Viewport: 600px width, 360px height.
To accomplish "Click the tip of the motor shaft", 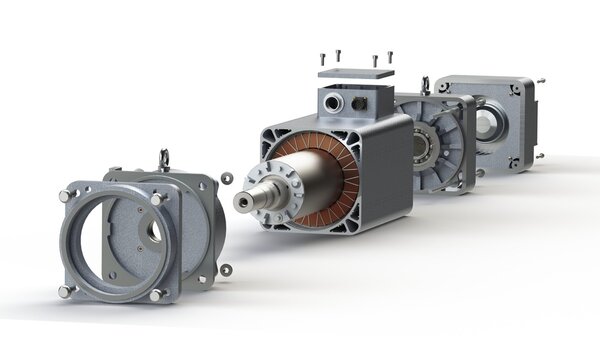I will [240, 203].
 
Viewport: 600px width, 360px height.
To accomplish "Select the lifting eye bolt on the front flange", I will [164, 158].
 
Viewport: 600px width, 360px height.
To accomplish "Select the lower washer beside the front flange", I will [225, 268].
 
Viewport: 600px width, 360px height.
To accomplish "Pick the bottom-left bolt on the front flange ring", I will [65, 291].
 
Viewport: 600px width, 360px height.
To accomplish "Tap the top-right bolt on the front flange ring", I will [157, 200].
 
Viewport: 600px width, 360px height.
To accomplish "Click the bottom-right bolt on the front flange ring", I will [155, 295].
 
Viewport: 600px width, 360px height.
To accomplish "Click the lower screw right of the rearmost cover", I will [539, 155].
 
